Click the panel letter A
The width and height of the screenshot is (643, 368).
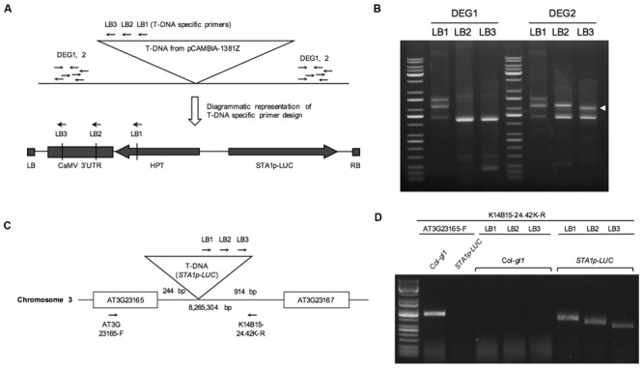(9, 9)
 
